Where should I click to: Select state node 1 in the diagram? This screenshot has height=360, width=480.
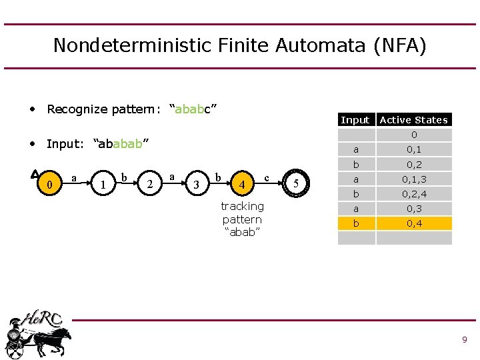pos(102,183)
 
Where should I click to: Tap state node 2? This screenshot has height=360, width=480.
pos(151,183)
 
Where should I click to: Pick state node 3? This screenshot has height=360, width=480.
pos(195,183)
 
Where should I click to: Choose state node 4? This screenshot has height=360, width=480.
pos(243,183)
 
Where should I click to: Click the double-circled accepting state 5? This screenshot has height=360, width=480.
pos(296,183)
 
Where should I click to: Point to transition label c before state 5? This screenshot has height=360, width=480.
pos(267,177)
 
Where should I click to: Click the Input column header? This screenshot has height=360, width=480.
pos(355,120)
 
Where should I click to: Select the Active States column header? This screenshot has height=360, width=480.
pos(413,120)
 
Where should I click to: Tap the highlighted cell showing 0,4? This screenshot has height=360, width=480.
pos(414,223)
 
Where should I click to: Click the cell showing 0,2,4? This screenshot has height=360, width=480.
pos(414,194)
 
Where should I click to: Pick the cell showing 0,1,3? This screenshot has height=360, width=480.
pos(414,179)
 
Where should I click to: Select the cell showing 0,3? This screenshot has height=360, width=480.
pos(414,209)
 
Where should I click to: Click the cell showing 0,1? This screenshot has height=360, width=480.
pos(414,149)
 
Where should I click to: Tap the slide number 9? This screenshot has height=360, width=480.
pos(464,340)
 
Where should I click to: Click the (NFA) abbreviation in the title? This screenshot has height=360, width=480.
pos(399,45)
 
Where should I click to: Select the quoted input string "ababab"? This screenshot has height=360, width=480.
pos(121,144)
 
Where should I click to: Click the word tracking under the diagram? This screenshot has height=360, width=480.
pos(242,206)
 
